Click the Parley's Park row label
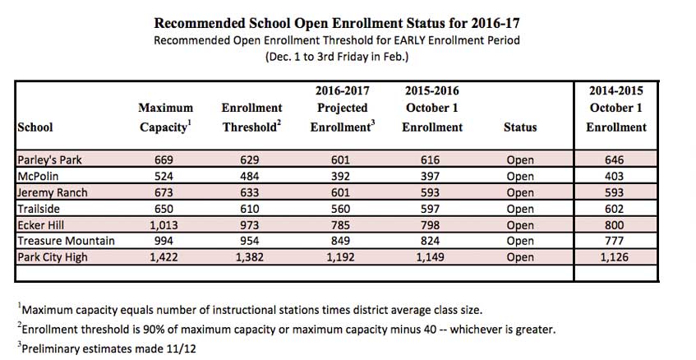(x=49, y=159)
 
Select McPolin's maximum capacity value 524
(x=164, y=176)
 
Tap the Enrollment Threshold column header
(x=252, y=118)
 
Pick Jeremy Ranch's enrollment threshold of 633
(x=250, y=192)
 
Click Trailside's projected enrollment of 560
(x=340, y=209)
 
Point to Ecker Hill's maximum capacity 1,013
(x=164, y=225)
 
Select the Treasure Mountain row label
(x=66, y=241)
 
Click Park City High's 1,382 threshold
(x=250, y=257)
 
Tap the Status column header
(x=520, y=127)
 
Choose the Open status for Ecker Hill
(x=520, y=225)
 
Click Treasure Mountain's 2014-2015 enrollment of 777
(x=615, y=241)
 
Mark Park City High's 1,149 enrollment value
(x=430, y=257)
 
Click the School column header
(x=35, y=127)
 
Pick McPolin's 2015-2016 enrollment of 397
(x=430, y=176)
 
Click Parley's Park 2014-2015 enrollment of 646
(x=615, y=159)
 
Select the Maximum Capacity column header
(x=165, y=118)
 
